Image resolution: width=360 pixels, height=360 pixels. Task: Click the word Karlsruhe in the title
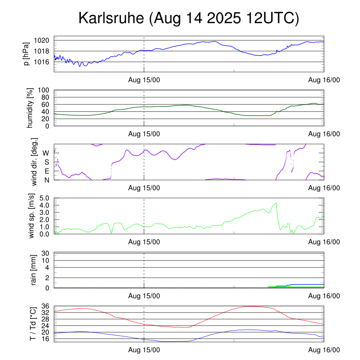pos(111,18)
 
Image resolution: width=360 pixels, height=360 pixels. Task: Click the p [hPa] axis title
pos(26,54)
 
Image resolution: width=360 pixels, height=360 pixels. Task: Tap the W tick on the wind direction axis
pos(46,153)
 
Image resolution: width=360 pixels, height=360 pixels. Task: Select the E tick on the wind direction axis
pos(46,171)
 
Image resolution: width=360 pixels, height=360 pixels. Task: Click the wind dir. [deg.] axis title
pos(34,162)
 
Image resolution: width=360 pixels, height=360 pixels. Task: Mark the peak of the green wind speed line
pos(276,203)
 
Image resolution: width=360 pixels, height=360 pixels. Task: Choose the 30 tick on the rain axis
pos(45,253)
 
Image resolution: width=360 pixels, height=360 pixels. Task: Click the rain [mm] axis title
pos(34,270)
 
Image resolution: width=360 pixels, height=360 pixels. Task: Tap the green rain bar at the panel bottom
pos(295,287)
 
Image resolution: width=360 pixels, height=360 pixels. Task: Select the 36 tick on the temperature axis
pos(45,306)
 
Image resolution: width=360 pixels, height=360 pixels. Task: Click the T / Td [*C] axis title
pos(33,324)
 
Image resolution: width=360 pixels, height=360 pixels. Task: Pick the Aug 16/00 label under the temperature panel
pos(324,350)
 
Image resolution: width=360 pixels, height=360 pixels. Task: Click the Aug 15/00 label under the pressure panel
pos(144,80)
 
